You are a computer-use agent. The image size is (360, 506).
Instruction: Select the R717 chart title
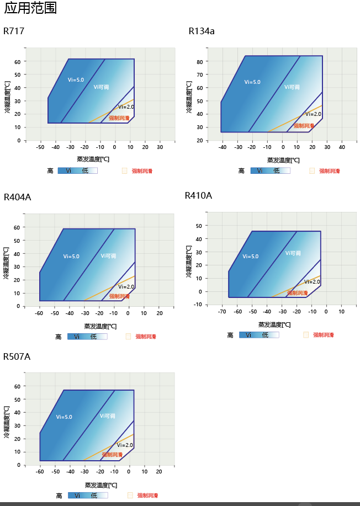14,31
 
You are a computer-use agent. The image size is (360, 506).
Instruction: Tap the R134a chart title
202,31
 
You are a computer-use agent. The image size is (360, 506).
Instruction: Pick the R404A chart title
18,197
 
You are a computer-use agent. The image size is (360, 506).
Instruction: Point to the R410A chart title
198,195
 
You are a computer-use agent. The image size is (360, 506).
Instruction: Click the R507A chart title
17,356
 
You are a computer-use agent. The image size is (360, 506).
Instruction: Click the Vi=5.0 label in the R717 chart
76,80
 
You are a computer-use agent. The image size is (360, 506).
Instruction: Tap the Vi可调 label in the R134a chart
292,87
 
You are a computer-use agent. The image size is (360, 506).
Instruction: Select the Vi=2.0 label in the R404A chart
126,287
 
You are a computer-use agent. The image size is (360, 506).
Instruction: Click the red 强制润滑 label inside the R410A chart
297,293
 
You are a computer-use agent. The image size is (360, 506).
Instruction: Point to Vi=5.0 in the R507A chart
64,417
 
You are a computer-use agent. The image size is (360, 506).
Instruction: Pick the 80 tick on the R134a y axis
199,61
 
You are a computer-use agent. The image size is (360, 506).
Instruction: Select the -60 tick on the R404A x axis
39,313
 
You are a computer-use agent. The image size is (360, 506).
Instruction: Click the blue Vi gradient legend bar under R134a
270,171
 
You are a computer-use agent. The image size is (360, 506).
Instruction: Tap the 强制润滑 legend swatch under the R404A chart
128,336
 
